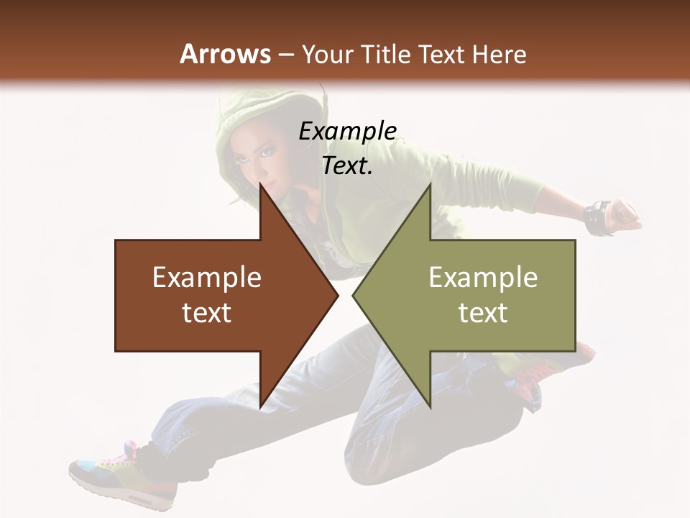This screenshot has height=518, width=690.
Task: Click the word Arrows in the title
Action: pyautogui.click(x=225, y=54)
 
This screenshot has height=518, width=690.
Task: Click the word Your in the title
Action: pyautogui.click(x=327, y=55)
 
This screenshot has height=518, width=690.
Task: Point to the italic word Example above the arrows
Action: pyautogui.click(x=347, y=132)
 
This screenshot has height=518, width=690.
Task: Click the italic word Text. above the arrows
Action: pyautogui.click(x=347, y=166)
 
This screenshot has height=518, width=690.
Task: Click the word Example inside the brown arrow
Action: pyautogui.click(x=207, y=278)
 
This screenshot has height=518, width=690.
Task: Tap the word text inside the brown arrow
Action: pyautogui.click(x=207, y=313)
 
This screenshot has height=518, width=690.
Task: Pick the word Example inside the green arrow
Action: pyautogui.click(x=483, y=278)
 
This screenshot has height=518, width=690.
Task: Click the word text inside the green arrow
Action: pyautogui.click(x=483, y=313)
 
